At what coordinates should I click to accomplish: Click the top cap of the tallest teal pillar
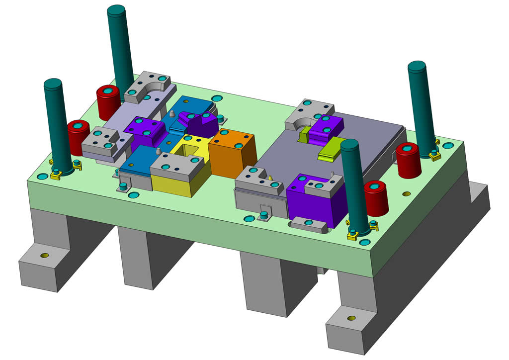point(116,10)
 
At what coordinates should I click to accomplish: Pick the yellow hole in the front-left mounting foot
point(44,256)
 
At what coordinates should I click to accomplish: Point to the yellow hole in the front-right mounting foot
point(351,318)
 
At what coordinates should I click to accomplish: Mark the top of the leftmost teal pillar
point(53,84)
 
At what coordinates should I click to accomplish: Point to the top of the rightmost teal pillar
point(417,66)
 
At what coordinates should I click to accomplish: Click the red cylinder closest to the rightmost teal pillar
point(409,159)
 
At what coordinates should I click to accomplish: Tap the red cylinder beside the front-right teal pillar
point(376,197)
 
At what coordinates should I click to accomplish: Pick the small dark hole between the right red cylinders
point(407,193)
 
